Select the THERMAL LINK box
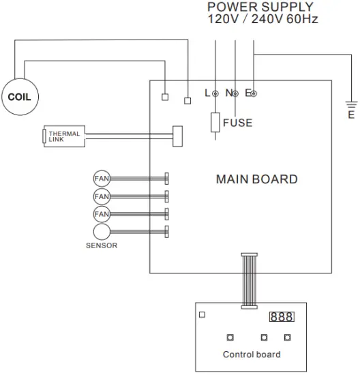pos(64,137)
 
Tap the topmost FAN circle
pos(101,179)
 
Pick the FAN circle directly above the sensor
pos(101,214)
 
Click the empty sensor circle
pos(101,231)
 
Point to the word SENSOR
pos(101,245)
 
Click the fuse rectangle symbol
pos(215,123)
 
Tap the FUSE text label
pos(237,123)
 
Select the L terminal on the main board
pos(215,93)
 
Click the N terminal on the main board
pos(235,93)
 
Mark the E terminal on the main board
pos(254,93)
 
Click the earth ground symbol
pos(351,106)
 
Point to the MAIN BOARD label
pos(256,180)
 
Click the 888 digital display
pos(282,317)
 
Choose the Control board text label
pos(251,355)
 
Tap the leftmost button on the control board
pos(230,337)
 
